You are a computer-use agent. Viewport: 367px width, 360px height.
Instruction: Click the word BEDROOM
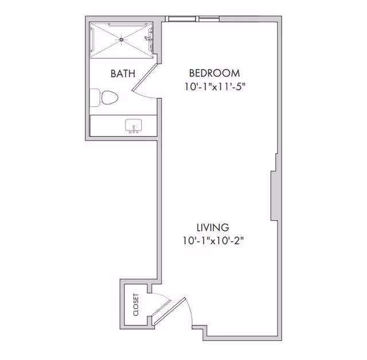point(214,73)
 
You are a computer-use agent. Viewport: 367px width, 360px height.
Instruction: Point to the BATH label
point(123,73)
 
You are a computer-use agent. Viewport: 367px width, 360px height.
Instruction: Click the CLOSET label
point(136,305)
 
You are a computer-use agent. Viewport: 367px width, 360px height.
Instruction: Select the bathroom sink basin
point(134,126)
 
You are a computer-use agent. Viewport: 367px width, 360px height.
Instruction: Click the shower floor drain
point(122,39)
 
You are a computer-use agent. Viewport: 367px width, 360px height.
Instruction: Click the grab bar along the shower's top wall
point(122,25)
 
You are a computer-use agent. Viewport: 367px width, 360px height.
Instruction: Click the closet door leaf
point(166,311)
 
